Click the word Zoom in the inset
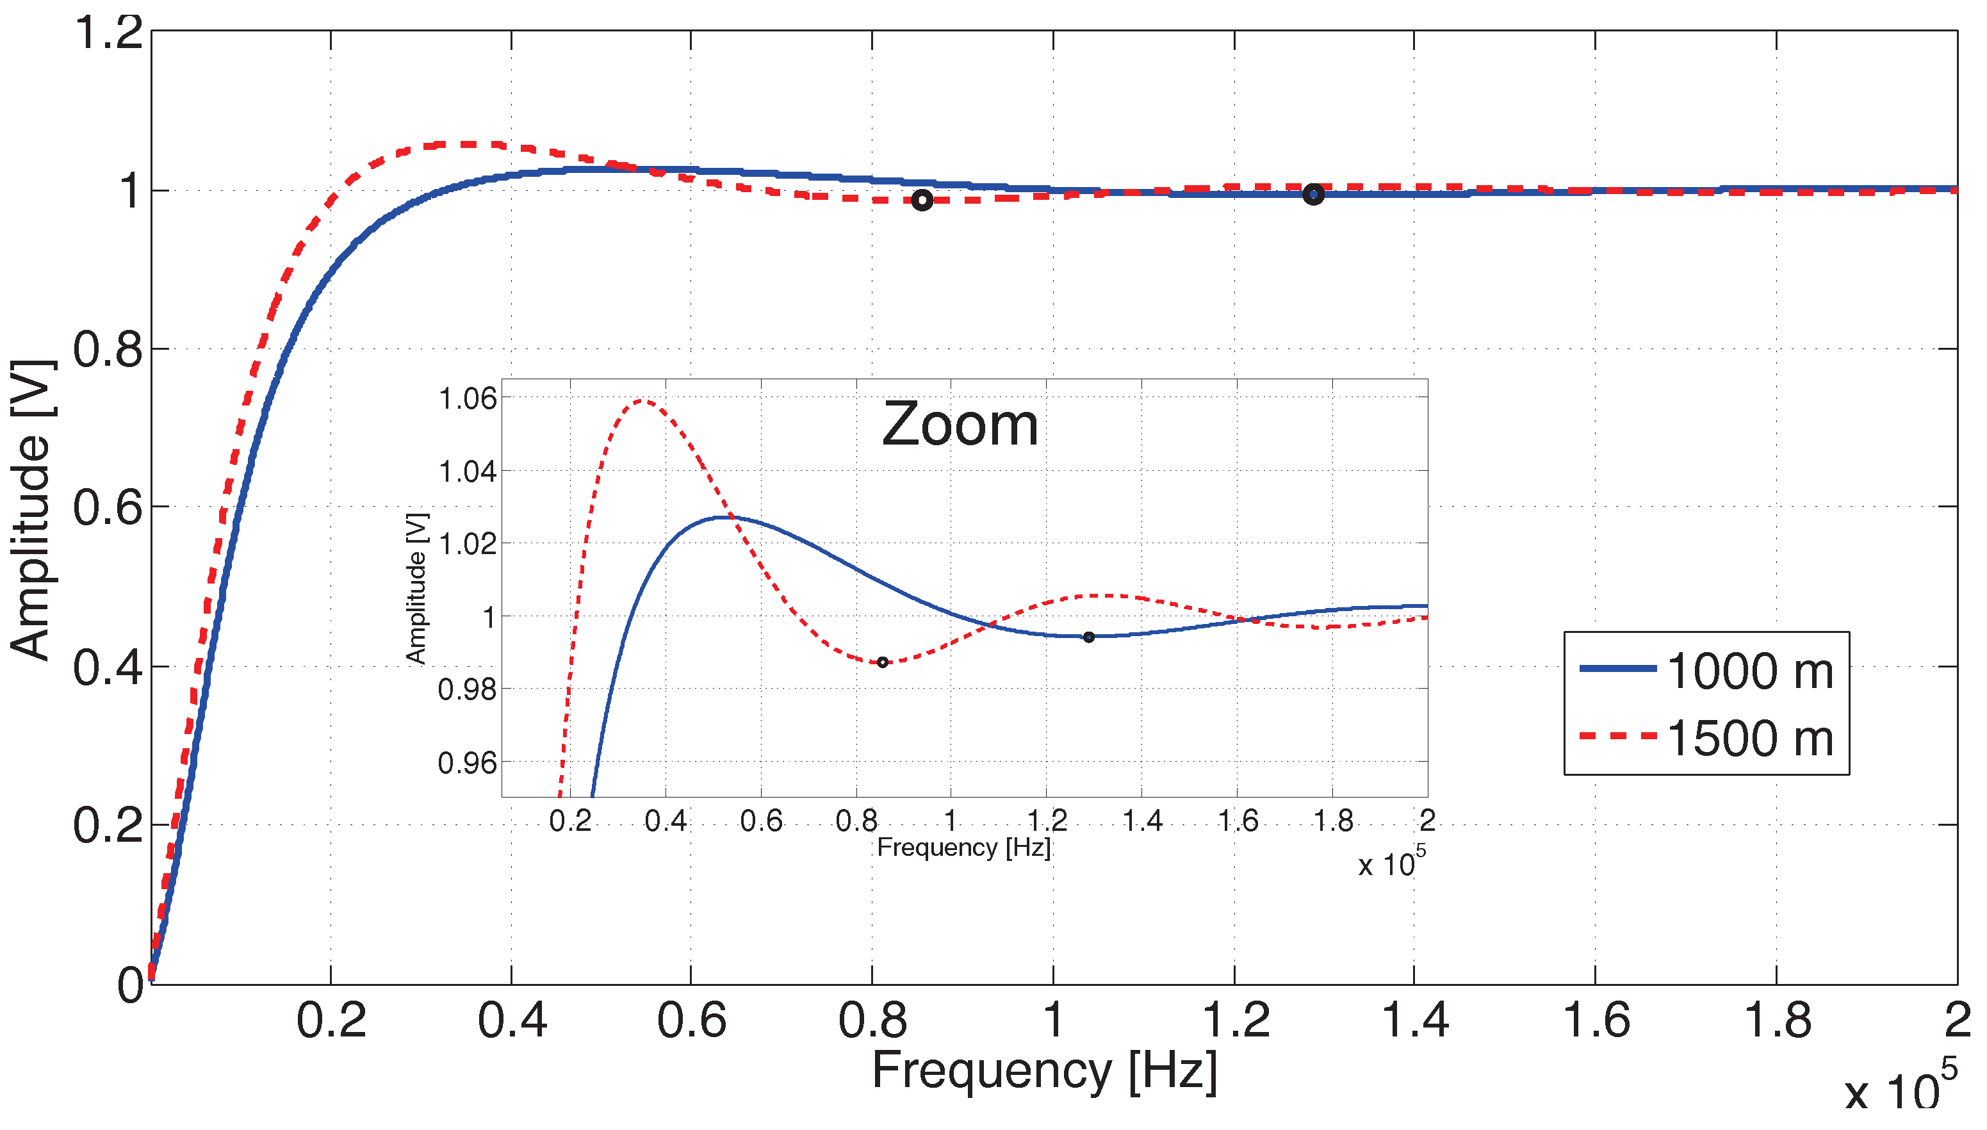coord(960,425)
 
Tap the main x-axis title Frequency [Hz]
coord(1044,1071)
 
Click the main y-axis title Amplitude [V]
coord(31,510)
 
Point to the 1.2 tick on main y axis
coord(109,33)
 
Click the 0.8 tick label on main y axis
coord(109,349)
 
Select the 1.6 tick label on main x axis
coord(1595,1020)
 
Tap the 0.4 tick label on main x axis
coord(512,1020)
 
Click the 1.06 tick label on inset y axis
coord(467,398)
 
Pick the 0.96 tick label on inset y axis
coord(467,763)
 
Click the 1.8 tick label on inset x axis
coord(1333,821)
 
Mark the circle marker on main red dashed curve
coord(921,201)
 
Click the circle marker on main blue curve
coord(1312,194)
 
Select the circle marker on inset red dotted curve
coord(882,662)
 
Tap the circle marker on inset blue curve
coord(1088,637)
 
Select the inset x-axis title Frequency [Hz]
coord(963,847)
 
